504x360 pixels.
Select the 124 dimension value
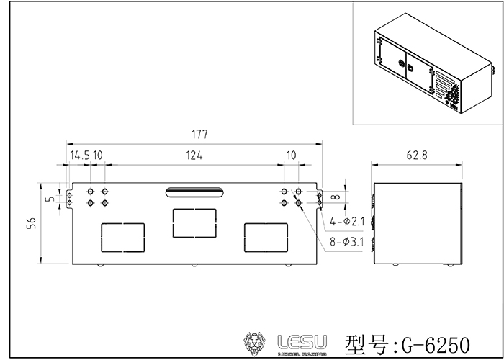click(x=194, y=155)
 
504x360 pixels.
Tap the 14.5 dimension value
click(x=79, y=155)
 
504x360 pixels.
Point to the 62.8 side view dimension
click(x=416, y=155)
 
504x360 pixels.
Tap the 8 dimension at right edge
click(x=335, y=196)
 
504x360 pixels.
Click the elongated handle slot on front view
click(x=194, y=191)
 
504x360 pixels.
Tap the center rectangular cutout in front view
click(x=194, y=222)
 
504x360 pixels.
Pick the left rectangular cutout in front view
click(x=123, y=237)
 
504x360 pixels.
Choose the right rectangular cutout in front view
click(x=266, y=237)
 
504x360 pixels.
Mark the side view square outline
click(x=416, y=224)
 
